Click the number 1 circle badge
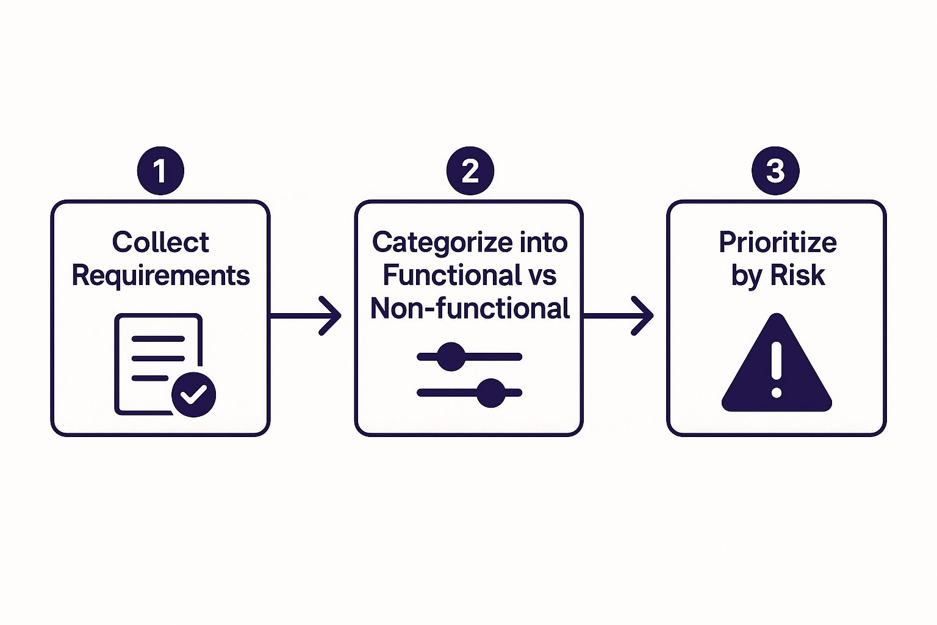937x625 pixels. click(160, 171)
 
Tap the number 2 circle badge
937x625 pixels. click(470, 171)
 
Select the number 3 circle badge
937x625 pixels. click(775, 171)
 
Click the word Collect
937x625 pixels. click(160, 242)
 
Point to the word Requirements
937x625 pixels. click(160, 276)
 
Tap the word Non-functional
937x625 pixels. click(470, 308)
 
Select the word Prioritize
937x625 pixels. click(777, 242)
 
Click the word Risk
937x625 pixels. click(797, 275)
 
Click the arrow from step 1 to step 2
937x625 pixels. click(305, 316)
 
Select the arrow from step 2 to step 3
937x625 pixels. click(618, 316)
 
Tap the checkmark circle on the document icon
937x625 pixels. click(193, 394)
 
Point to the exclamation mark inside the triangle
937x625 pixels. click(776, 369)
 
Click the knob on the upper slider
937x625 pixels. click(451, 357)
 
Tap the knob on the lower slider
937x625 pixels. click(490, 392)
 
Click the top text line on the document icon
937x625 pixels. click(158, 339)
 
